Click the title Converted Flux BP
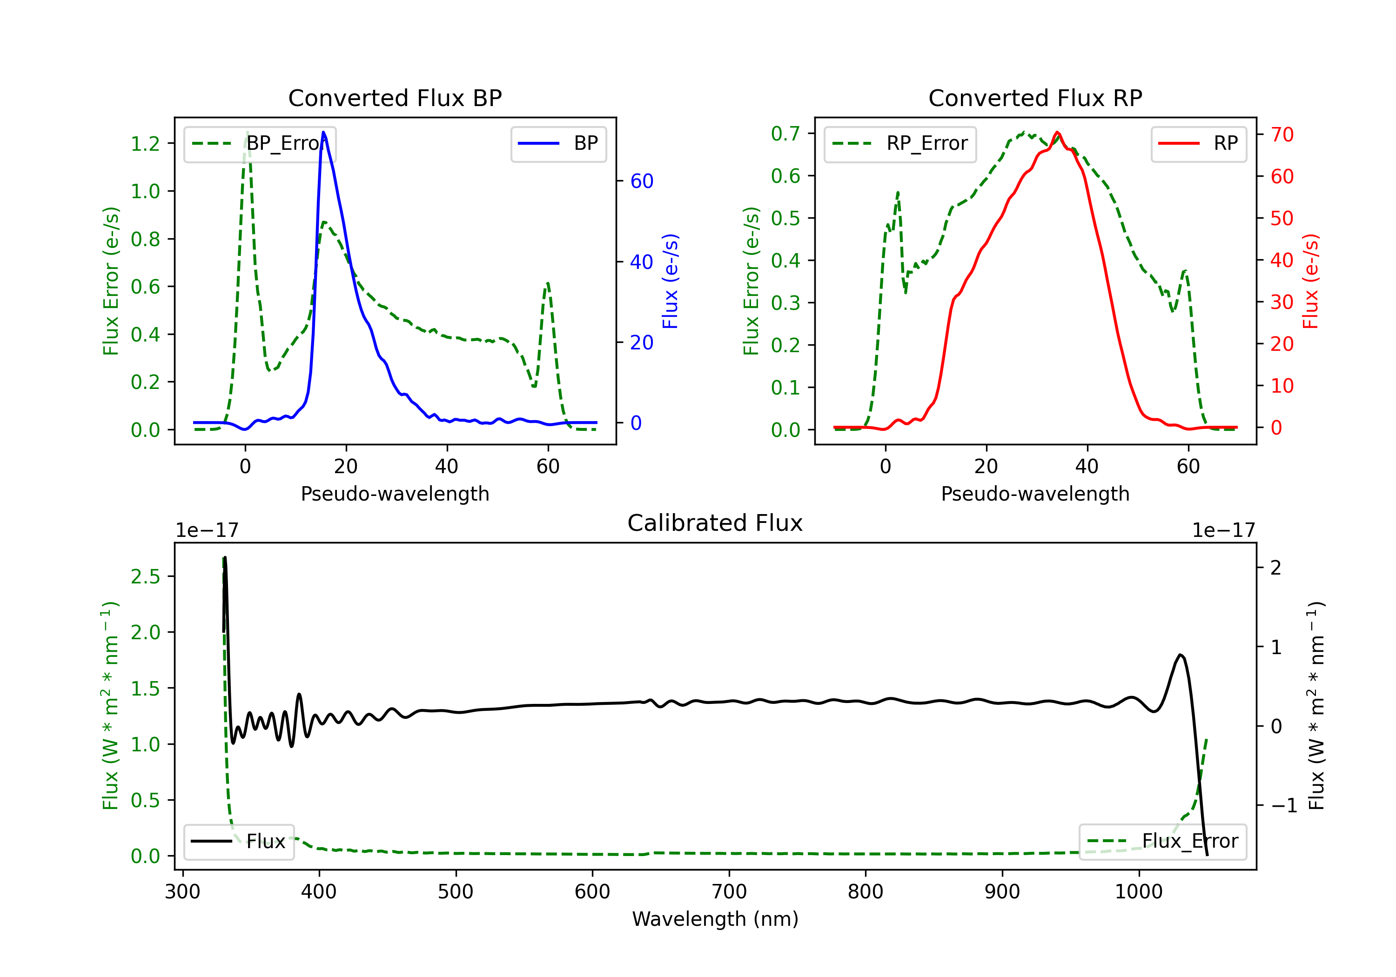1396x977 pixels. [x=395, y=98]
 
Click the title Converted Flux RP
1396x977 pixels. [x=1035, y=98]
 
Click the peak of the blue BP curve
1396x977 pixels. [x=323, y=132]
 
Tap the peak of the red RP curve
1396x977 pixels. [x=1057, y=132]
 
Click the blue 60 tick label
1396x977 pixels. [x=641, y=181]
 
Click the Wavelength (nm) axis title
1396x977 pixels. [x=715, y=919]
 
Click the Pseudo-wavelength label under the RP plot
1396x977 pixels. [x=1035, y=494]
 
